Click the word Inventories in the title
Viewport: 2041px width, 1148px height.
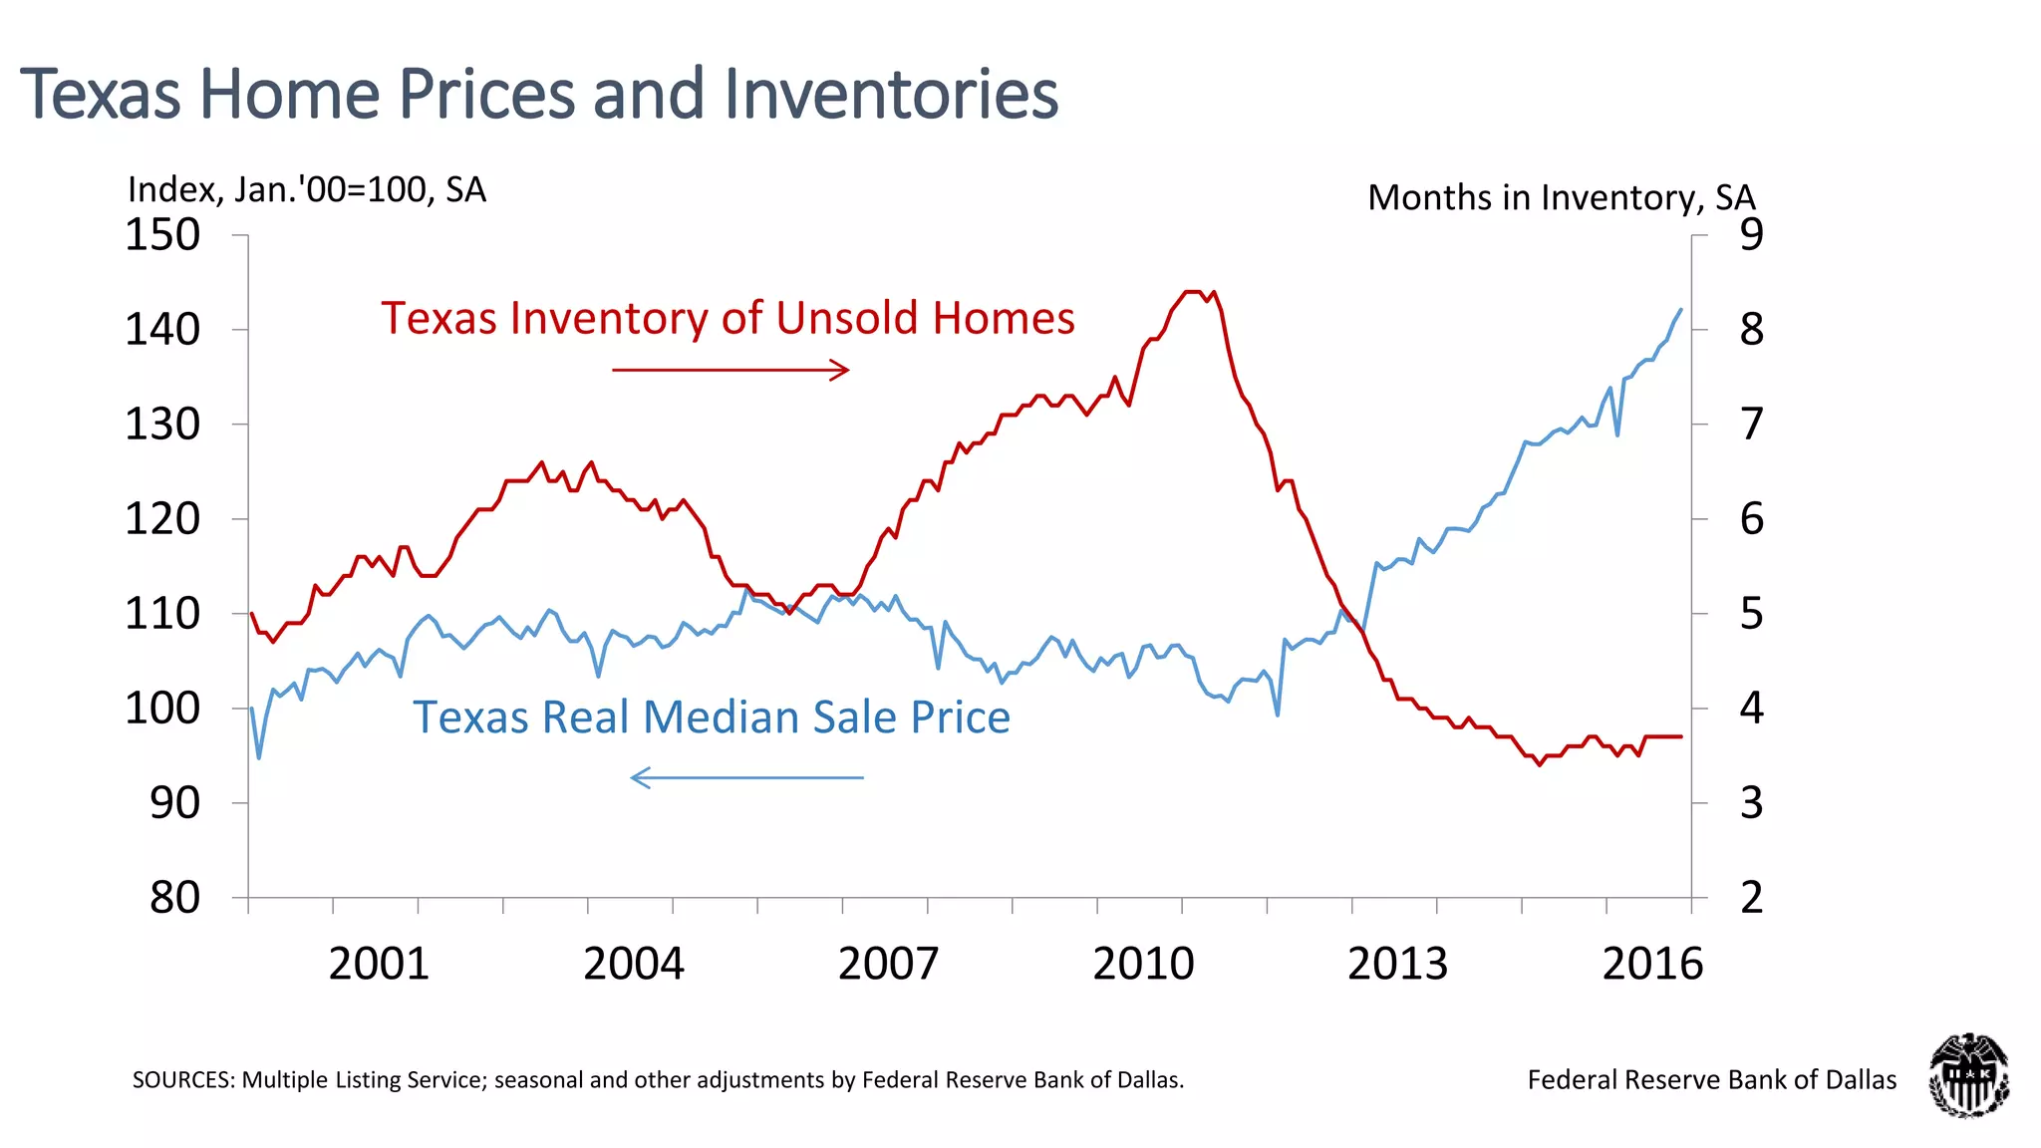[890, 95]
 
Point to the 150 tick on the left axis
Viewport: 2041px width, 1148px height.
[162, 236]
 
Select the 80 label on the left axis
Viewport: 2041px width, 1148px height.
[174, 898]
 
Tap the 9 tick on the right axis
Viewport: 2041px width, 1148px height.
[1751, 235]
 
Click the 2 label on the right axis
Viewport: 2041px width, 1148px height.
[1751, 898]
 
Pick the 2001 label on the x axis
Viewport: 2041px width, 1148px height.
[379, 964]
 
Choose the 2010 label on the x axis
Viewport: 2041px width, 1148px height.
[1143, 964]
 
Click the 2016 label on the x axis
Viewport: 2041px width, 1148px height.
[1652, 964]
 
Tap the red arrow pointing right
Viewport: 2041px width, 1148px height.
[729, 370]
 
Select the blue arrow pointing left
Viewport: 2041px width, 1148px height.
[746, 777]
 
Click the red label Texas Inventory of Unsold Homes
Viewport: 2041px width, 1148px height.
[728, 319]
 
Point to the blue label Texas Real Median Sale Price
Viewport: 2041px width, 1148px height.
[712, 717]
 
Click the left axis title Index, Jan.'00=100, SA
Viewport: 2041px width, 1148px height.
[306, 189]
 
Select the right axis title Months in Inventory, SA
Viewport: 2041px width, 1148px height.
[1561, 197]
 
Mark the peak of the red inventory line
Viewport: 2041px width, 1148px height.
[1192, 292]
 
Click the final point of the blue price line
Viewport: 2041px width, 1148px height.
[1681, 310]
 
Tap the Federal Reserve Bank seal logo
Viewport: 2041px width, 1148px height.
[1967, 1075]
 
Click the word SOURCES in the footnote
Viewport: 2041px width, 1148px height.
[182, 1080]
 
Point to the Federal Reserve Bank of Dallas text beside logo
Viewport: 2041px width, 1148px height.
[1711, 1080]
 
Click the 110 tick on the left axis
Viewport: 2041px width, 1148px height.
[162, 614]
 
